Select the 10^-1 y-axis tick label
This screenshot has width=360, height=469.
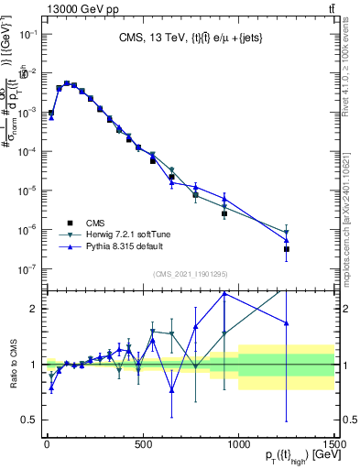pyautogui.click(x=28, y=34)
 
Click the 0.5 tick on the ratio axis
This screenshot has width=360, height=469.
pyautogui.click(x=29, y=420)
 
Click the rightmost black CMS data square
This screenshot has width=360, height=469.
pyautogui.click(x=287, y=249)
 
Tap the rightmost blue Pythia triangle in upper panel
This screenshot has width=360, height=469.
pyautogui.click(x=287, y=240)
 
